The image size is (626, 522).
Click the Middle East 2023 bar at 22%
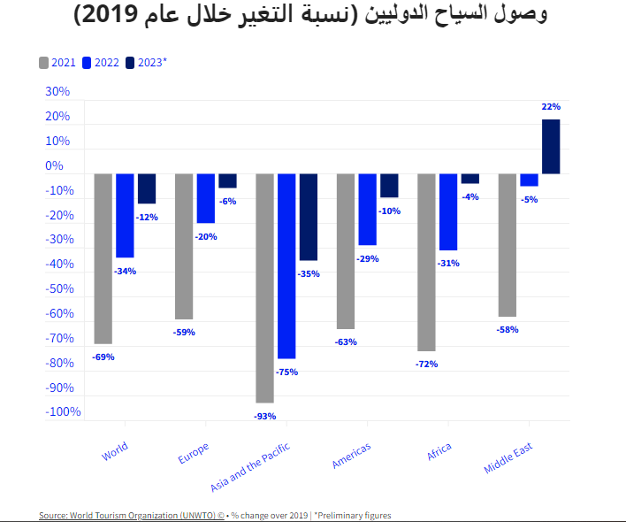551,146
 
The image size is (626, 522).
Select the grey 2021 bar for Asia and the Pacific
264,288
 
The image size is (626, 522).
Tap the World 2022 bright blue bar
125,215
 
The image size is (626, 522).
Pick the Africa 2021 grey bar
426,262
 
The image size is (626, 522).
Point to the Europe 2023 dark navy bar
227,180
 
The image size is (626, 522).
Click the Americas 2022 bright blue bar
367,209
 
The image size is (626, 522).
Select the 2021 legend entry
57,63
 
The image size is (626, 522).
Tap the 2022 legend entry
100,63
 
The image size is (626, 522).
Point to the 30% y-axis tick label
57,91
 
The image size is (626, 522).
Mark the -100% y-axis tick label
63,411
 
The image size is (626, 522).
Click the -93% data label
264,416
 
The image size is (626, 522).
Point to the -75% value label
287,372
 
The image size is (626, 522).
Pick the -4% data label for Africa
470,196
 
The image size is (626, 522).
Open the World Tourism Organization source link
132,515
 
